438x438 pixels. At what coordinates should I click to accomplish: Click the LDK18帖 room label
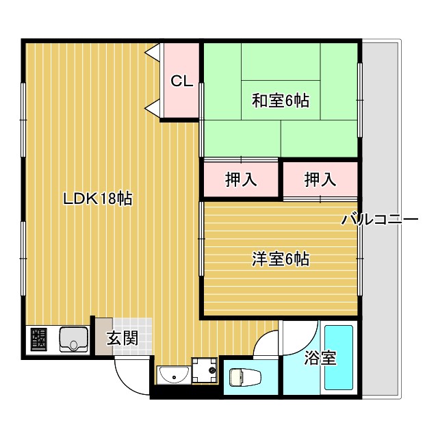[97, 199]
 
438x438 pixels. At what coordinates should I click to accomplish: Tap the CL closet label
[181, 81]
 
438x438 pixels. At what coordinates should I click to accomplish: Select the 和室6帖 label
[281, 101]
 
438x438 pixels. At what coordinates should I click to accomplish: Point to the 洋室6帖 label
[281, 259]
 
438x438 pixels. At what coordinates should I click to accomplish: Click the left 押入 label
[241, 180]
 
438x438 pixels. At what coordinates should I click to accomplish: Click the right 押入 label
[320, 180]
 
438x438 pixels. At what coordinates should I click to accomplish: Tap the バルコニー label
[380, 220]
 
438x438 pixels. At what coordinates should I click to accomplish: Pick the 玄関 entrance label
[123, 337]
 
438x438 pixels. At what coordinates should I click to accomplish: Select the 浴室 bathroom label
[320, 357]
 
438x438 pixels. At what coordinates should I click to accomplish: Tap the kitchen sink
[73, 339]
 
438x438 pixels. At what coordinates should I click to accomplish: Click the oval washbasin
[175, 376]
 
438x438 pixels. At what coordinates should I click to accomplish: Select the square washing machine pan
[204, 372]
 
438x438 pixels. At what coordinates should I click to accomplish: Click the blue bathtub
[338, 359]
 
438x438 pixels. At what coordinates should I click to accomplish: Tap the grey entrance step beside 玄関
[103, 335]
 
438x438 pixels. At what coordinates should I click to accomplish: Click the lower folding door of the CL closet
[153, 107]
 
